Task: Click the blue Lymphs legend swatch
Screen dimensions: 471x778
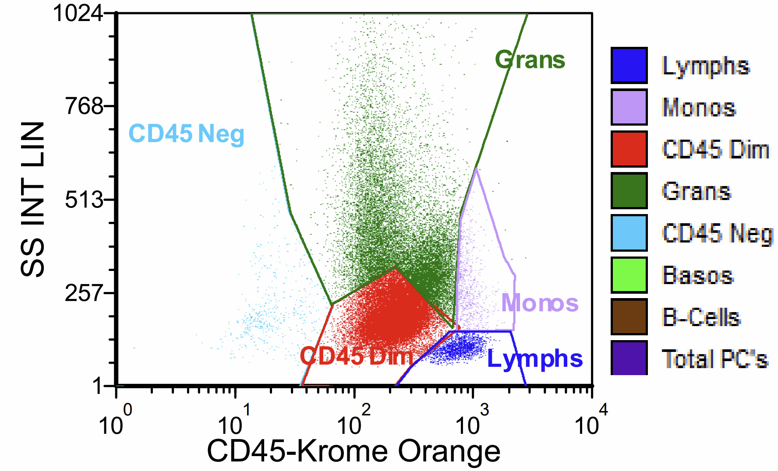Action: [x=629, y=65]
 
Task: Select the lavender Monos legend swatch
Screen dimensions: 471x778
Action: [x=629, y=107]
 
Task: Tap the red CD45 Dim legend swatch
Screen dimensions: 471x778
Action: [x=629, y=149]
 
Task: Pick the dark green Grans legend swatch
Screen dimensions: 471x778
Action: [x=629, y=191]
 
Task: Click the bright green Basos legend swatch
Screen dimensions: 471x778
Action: [x=629, y=275]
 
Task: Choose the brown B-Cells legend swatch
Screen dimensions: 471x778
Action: [x=629, y=317]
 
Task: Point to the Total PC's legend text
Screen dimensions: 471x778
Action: [x=715, y=359]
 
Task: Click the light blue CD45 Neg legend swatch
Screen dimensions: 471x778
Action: [x=629, y=233]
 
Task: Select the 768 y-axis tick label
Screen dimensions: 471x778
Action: [x=84, y=106]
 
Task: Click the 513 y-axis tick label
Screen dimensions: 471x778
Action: [x=84, y=200]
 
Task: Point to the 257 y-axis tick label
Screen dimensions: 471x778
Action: [x=84, y=293]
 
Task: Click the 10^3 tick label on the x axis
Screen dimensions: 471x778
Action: [x=471, y=421]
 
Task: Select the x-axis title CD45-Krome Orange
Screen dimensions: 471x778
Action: [x=354, y=451]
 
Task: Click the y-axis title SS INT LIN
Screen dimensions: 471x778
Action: [x=33, y=199]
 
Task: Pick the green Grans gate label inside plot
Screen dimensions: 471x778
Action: [x=530, y=60]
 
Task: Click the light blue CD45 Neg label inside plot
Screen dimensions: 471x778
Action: [x=186, y=134]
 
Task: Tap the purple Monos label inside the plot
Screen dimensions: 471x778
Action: [x=540, y=303]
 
